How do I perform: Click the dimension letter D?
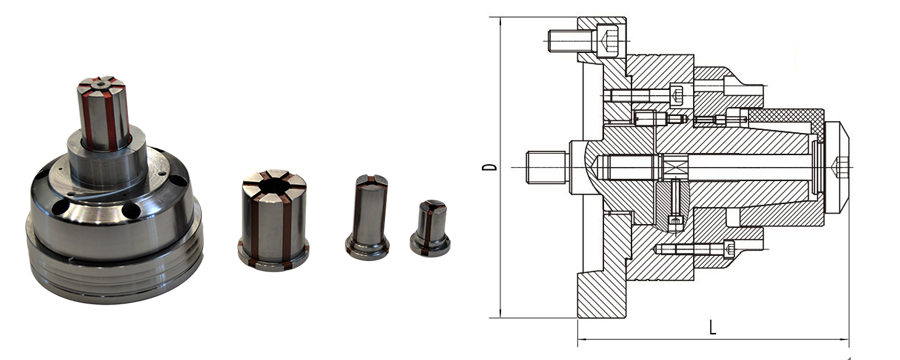tap(490, 167)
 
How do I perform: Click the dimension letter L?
tap(712, 328)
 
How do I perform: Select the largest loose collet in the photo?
tap(273, 220)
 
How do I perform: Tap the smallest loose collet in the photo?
tap(430, 228)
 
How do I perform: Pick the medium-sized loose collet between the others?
tap(367, 217)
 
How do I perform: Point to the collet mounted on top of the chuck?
tap(104, 113)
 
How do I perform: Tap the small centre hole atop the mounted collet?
tap(101, 84)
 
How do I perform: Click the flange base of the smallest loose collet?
tap(430, 246)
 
